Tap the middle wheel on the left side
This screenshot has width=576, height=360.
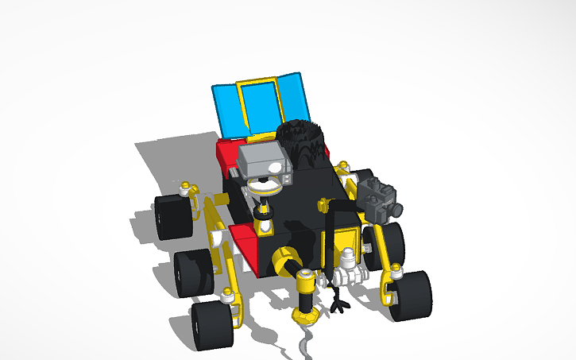(193, 273)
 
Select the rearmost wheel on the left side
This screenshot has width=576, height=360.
(172, 217)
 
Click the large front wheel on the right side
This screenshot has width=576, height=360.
(410, 296)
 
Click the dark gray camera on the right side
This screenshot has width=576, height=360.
(379, 199)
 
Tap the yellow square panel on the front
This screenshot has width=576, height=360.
(346, 242)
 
